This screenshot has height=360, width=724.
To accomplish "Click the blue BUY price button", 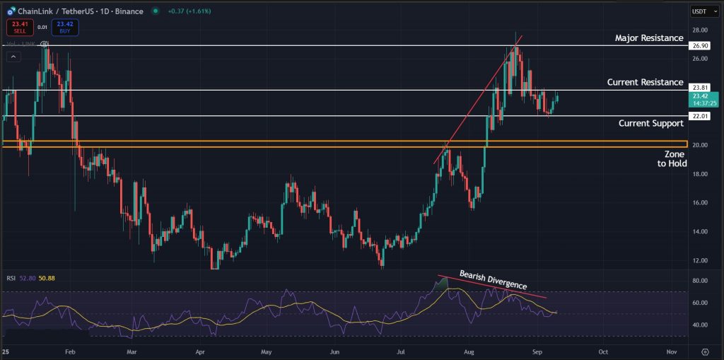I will click(x=64, y=27).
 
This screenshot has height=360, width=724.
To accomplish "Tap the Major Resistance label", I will click(x=649, y=38).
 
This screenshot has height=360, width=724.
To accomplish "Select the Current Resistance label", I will click(x=645, y=83).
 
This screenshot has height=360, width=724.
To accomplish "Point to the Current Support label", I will click(x=650, y=123).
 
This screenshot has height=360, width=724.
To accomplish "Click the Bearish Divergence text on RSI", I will click(x=493, y=280).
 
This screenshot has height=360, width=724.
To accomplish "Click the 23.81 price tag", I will click(x=698, y=88).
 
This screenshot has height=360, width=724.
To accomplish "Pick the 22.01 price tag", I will click(x=698, y=115).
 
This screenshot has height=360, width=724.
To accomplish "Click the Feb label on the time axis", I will click(x=69, y=351).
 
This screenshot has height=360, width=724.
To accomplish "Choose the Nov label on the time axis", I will click(x=672, y=351).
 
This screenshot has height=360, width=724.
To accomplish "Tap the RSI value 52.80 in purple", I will click(x=27, y=278).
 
